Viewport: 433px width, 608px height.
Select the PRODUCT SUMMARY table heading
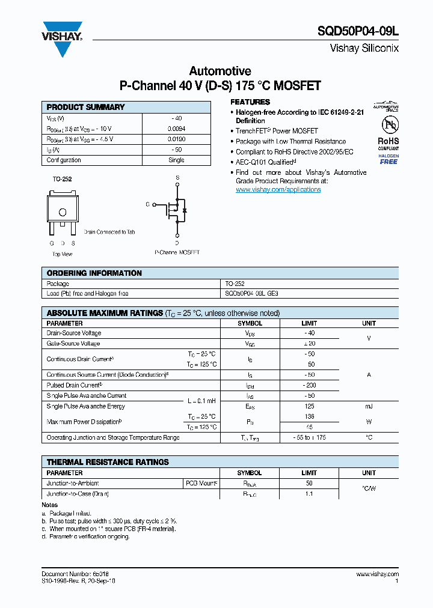(85, 107)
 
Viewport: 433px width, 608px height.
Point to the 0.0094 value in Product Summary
(176, 129)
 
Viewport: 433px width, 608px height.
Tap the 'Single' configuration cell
(176, 160)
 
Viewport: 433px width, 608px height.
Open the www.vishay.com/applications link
(278, 190)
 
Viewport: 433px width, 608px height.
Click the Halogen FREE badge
(388, 159)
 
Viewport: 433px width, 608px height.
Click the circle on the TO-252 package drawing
(62, 212)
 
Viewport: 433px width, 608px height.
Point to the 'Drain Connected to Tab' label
(109, 232)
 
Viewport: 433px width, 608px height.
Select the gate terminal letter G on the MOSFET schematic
(147, 204)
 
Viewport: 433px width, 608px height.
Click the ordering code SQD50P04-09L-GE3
(252, 294)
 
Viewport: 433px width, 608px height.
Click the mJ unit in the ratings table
(369, 406)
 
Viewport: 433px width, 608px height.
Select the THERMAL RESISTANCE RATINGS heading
(108, 462)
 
